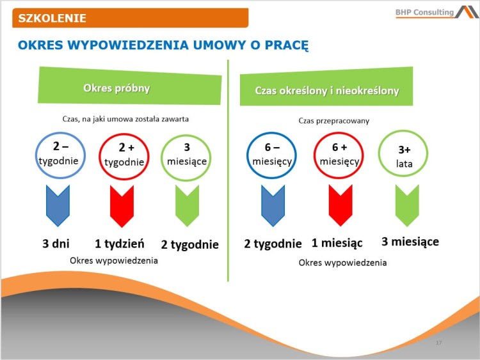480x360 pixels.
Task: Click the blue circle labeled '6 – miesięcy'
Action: coord(272,155)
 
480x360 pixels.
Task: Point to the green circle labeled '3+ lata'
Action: coord(404,155)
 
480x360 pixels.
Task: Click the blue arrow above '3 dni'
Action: coord(58,205)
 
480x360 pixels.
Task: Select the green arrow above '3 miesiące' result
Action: coord(407,205)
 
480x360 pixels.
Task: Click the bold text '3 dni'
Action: coord(56,244)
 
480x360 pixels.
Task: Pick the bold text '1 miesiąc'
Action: coord(337,243)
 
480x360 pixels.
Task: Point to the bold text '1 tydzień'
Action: coord(120,244)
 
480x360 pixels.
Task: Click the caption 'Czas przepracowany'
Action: coord(333,120)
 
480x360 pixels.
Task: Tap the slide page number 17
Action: coord(438,343)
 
